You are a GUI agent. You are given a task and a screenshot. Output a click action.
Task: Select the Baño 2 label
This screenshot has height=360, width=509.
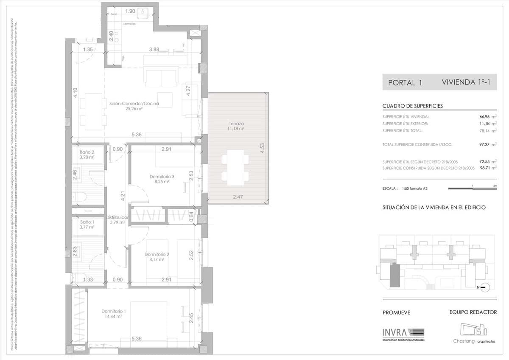(x=87, y=152)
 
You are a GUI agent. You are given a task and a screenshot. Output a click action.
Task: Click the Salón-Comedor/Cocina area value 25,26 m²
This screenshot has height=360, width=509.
(x=134, y=109)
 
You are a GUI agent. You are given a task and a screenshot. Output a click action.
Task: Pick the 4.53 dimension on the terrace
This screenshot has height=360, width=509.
(x=263, y=148)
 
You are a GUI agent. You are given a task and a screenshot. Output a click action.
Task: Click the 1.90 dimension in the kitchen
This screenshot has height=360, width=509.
(x=130, y=11)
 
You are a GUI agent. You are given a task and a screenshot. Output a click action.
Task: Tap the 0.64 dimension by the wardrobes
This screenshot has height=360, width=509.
(x=190, y=215)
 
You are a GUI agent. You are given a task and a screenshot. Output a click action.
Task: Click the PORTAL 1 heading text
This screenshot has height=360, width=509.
(x=405, y=83)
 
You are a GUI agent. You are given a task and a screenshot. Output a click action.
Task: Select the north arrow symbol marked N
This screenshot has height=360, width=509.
(x=484, y=287)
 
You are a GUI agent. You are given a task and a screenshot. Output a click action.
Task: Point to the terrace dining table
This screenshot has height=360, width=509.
(x=235, y=167)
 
